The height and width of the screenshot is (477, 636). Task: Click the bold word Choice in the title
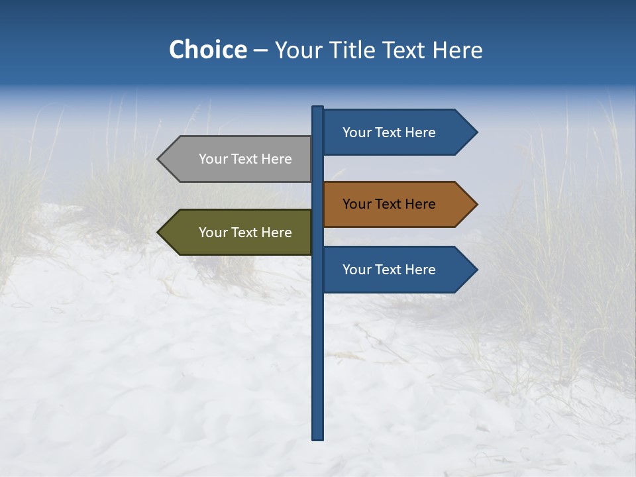point(207,50)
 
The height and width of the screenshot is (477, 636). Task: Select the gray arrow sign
point(238,159)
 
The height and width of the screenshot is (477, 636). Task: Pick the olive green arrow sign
point(238,233)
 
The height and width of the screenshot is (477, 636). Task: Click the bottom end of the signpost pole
point(318,437)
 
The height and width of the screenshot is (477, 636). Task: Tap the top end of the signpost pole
point(318,109)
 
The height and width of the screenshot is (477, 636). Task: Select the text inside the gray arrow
point(245,159)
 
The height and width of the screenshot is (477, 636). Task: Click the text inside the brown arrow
point(389,204)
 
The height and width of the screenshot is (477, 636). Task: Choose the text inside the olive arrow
point(245,233)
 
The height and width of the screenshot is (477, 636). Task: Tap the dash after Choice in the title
point(260,51)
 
